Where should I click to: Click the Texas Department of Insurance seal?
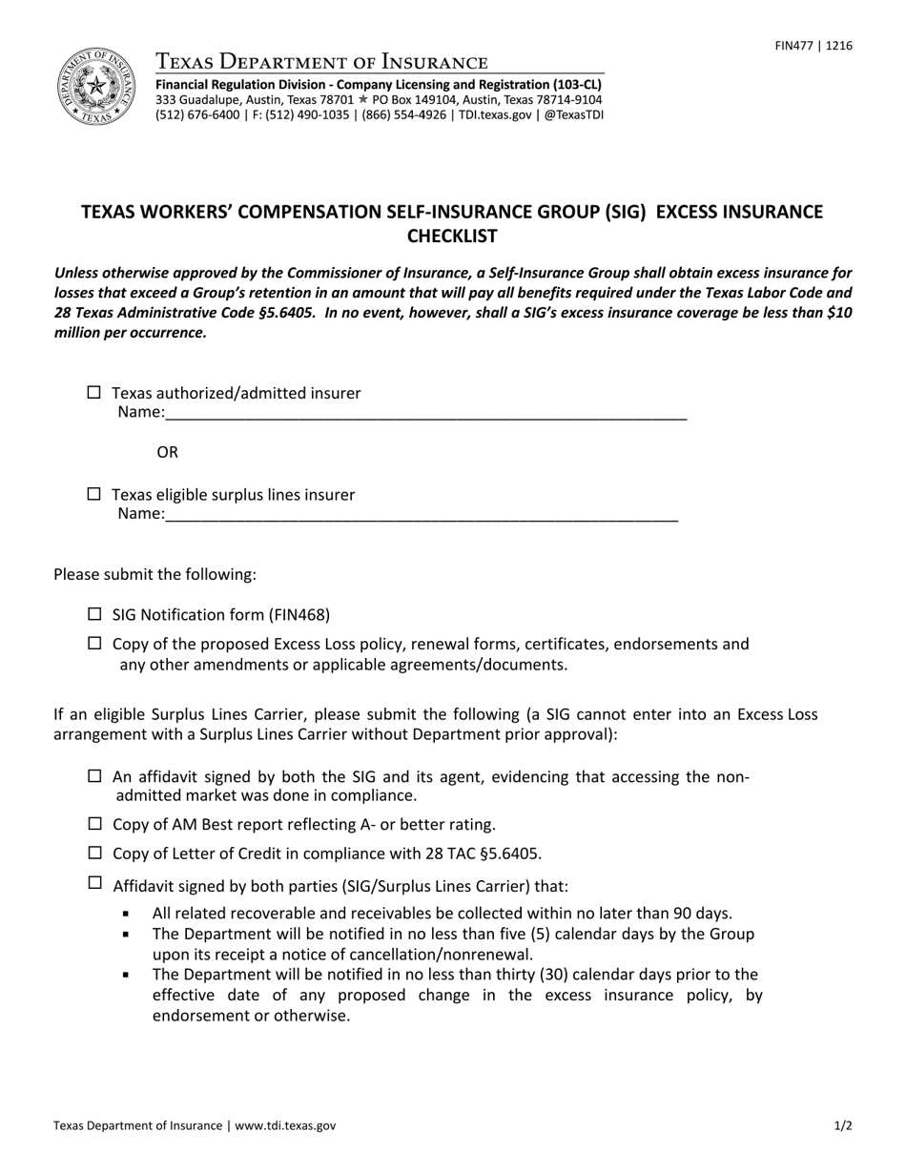[x=95, y=87]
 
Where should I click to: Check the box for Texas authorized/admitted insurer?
[x=93, y=392]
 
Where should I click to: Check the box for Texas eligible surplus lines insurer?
[x=93, y=493]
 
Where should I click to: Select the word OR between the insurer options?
[x=167, y=452]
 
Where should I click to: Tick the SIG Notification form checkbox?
[x=93, y=614]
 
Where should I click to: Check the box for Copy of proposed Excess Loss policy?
[x=93, y=643]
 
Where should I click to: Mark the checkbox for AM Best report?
[x=93, y=824]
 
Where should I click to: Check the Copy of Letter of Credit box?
[x=93, y=853]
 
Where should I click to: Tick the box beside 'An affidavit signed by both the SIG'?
[x=93, y=775]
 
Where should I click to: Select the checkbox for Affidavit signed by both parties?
[x=93, y=882]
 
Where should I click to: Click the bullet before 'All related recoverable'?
[x=126, y=914]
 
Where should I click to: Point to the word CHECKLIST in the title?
[x=452, y=236]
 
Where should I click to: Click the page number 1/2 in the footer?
[x=843, y=1125]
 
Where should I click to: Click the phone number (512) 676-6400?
[x=197, y=114]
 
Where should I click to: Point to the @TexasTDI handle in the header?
[x=573, y=114]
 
